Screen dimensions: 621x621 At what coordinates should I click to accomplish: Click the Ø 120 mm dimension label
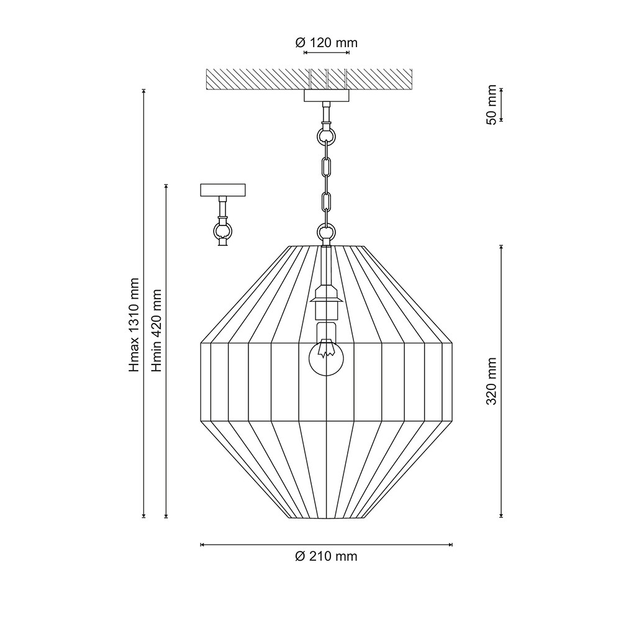point(327,42)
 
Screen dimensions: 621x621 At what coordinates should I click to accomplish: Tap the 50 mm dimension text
point(491,104)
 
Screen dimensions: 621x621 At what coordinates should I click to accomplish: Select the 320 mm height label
point(491,381)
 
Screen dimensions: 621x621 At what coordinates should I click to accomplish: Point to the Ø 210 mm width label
point(327,556)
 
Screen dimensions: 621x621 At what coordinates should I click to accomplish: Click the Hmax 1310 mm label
point(135,325)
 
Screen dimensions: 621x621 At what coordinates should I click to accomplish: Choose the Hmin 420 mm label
point(157,330)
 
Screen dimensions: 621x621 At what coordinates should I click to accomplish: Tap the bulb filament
point(326,348)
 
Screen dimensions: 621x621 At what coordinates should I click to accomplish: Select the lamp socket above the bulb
point(326,299)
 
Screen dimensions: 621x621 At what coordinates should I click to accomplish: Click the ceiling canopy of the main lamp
point(327,96)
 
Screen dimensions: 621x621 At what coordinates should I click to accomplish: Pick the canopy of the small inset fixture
point(223,190)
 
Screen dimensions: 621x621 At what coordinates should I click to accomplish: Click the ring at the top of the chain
point(326,136)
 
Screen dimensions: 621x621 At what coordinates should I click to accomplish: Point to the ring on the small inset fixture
point(223,230)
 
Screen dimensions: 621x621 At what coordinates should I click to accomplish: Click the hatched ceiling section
point(309,79)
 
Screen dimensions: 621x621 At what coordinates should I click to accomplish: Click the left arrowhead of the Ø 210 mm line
point(202,545)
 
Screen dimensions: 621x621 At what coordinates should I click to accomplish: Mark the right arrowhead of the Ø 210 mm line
point(451,545)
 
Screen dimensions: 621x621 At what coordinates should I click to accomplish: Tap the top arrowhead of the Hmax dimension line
point(144,91)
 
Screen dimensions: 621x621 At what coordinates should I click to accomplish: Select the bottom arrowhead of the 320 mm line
point(501,515)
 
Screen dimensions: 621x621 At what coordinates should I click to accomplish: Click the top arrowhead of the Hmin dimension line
point(166,186)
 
